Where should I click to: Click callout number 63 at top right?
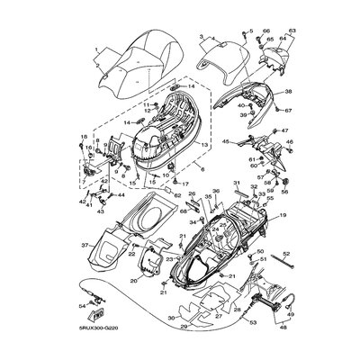(x=292, y=31)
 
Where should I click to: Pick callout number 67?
(x=290, y=111)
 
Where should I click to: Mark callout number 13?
(x=205, y=144)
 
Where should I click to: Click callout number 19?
(x=283, y=217)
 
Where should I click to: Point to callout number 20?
(x=133, y=281)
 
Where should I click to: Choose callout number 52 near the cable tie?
(x=260, y=254)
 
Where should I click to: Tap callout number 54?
(x=83, y=308)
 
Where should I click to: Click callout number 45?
(x=226, y=141)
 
